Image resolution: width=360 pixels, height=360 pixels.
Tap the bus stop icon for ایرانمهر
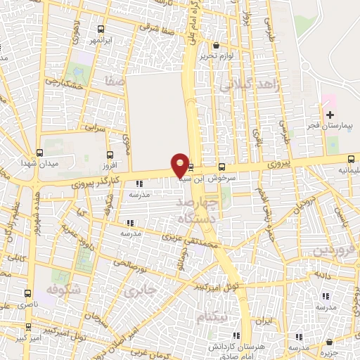click(102, 30)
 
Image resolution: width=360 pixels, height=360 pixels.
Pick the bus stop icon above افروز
click(109, 154)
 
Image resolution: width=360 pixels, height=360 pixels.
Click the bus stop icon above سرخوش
click(222, 167)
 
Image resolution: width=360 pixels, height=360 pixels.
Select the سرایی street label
click(94, 129)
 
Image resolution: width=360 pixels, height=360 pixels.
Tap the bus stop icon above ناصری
click(27, 292)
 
